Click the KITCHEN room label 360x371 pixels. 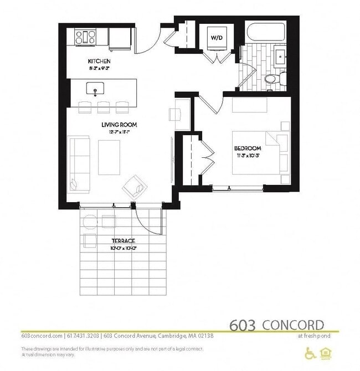99,61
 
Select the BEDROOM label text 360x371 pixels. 248,149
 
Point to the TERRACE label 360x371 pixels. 123,241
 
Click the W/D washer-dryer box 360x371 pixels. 215,38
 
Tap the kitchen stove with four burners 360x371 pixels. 86,37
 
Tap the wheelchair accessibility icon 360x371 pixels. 310,353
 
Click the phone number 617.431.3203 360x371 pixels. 84,336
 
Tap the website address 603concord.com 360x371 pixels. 42,336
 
